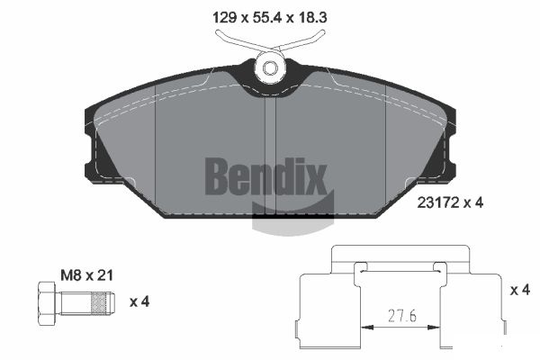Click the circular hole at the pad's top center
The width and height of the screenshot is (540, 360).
pos(269,67)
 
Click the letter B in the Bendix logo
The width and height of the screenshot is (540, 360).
pos(218,175)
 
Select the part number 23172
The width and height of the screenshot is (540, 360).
pos(437,203)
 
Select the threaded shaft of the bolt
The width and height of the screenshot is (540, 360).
pos(88,301)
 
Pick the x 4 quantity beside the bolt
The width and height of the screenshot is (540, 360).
pos(139,301)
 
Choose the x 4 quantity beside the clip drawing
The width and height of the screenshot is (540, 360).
pos(519,290)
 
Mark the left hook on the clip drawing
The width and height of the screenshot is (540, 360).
pos(359,271)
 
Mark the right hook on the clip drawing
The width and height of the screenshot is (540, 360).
pos(439,271)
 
